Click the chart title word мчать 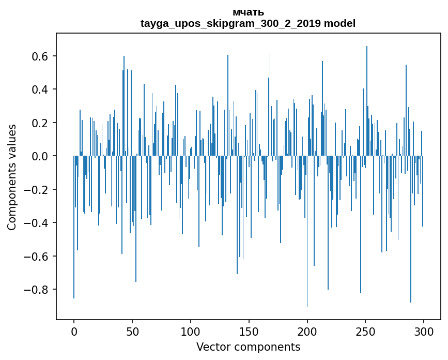tap(248, 12)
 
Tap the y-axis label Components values tap(12, 177)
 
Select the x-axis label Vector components tap(248, 347)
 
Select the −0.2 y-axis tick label tap(37, 189)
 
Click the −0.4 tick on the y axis tap(37, 223)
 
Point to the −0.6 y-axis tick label tap(37, 256)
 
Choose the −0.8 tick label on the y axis tap(37, 290)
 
